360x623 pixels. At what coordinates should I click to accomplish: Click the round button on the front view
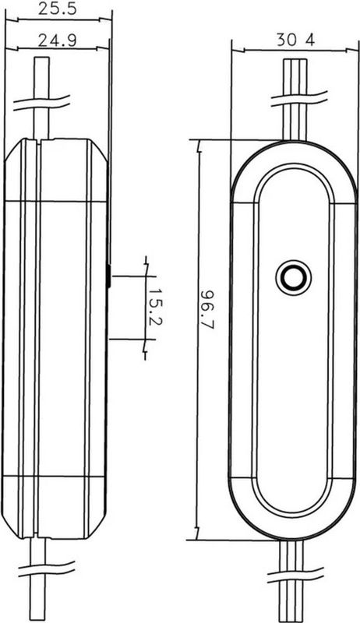294,277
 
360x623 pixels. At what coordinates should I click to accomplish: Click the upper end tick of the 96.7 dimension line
199,141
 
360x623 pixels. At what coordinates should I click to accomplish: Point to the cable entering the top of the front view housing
294,125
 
